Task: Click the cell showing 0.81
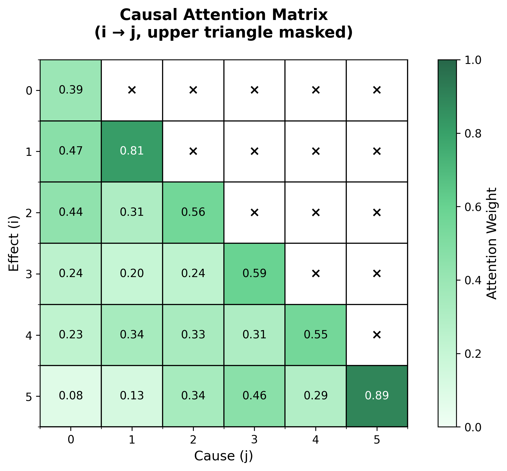[x=132, y=151]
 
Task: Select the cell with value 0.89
[x=377, y=396]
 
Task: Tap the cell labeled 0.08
[x=71, y=396]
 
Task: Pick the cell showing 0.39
[x=71, y=90]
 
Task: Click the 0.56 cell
[x=193, y=212]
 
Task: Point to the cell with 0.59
[x=254, y=274]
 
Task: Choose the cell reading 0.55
[x=316, y=335]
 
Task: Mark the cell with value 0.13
[x=132, y=396]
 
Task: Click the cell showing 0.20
[x=132, y=274]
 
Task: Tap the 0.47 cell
[x=71, y=151]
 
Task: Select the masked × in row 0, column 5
[x=377, y=90]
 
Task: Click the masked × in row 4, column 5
[x=377, y=335]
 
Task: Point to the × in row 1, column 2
[x=193, y=151]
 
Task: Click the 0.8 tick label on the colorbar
[x=473, y=134]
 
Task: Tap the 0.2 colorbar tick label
[x=473, y=354]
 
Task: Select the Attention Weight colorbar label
[x=491, y=243]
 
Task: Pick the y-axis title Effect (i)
[x=14, y=243]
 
